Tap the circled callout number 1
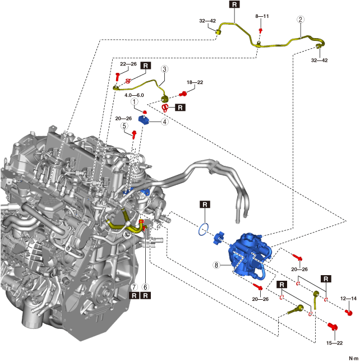(x=135, y=103)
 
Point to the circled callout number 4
(x=165, y=122)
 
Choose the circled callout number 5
(x=124, y=126)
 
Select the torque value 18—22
(x=195, y=82)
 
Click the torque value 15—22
(x=335, y=343)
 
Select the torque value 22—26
(x=128, y=64)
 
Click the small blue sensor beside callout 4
(x=144, y=118)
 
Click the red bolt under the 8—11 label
(x=261, y=29)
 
